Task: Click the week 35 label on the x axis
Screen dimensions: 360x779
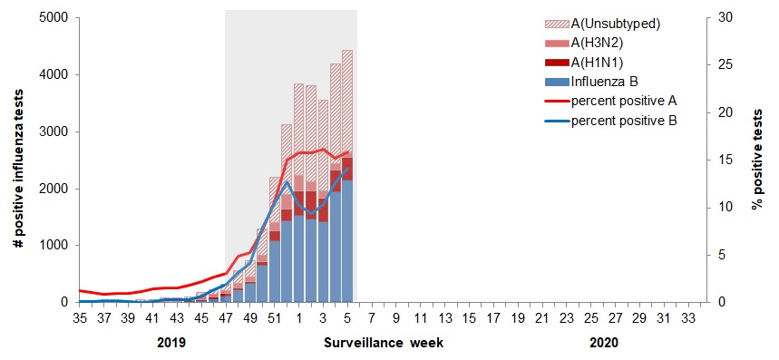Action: pyautogui.click(x=80, y=318)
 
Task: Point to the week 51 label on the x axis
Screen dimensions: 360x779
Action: pyautogui.click(x=274, y=318)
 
